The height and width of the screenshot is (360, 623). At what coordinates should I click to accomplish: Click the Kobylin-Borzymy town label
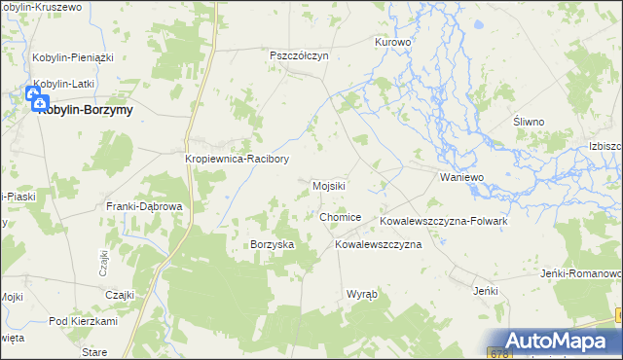86,110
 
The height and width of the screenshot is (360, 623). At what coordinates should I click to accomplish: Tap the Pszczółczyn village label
299,56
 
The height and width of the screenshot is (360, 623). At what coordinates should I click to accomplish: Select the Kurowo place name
393,43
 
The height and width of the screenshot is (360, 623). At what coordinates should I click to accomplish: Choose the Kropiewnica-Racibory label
237,159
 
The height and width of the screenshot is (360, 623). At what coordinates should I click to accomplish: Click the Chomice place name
340,217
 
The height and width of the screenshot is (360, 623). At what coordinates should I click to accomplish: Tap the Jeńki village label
485,291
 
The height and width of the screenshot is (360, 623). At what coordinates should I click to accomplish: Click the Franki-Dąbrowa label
144,207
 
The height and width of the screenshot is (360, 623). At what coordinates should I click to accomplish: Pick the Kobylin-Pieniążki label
73,57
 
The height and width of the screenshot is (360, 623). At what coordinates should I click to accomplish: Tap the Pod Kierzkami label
83,321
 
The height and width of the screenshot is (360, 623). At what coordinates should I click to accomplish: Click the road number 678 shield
499,353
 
